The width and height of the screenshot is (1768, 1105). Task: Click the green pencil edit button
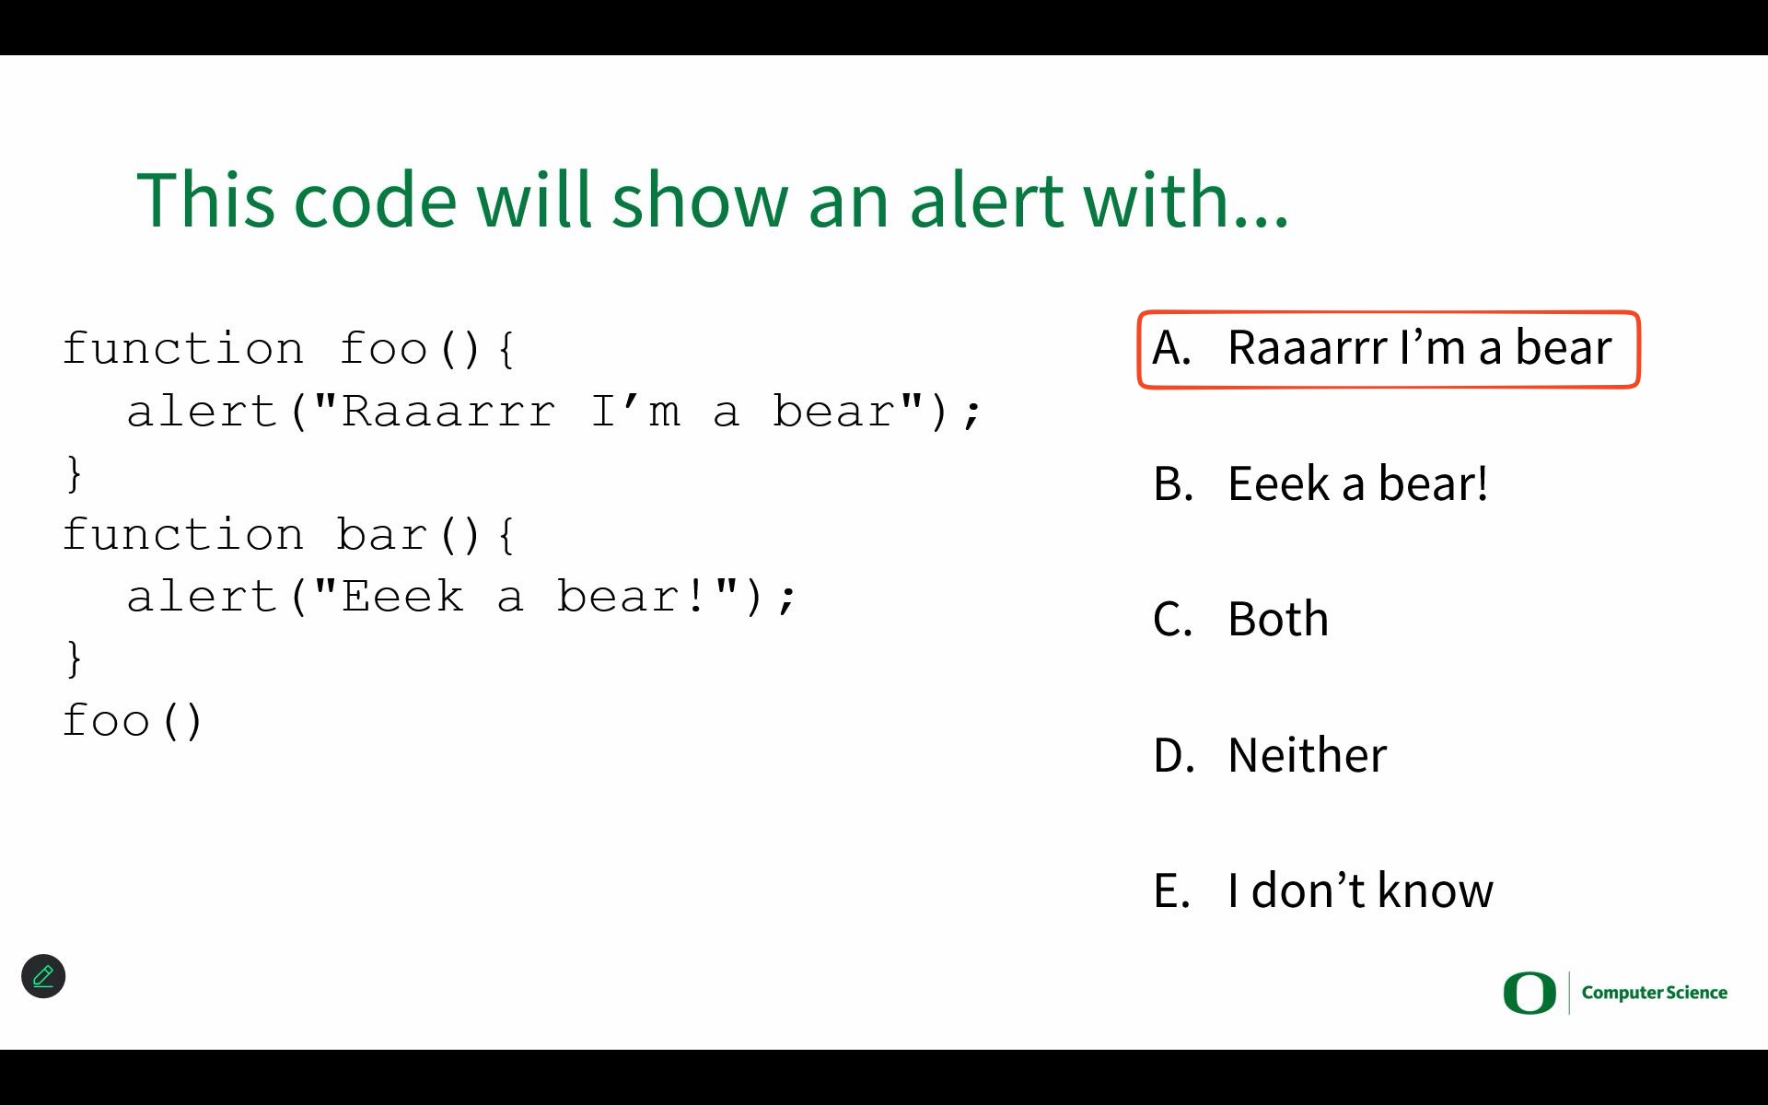click(x=43, y=976)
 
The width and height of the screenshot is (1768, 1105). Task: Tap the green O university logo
click(x=1530, y=993)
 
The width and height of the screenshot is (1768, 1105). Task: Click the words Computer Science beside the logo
click(x=1655, y=993)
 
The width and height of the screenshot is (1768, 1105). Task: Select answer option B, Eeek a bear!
click(x=1320, y=483)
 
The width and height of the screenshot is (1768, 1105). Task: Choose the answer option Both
click(x=1240, y=619)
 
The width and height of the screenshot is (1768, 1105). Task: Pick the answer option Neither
click(x=1270, y=754)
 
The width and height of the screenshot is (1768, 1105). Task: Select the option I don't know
click(x=1323, y=890)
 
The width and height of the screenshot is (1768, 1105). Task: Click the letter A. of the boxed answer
click(x=1171, y=348)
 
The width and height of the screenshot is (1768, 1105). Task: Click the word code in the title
click(x=375, y=199)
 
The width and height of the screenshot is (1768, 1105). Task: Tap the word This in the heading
click(x=205, y=199)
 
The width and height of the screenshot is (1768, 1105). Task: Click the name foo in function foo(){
click(x=383, y=349)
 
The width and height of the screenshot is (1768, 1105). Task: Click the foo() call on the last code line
click(x=133, y=720)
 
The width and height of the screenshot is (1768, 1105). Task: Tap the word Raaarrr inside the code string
click(x=448, y=412)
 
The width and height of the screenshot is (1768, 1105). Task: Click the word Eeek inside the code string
click(x=402, y=597)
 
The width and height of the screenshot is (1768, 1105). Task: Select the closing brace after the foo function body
click(x=75, y=473)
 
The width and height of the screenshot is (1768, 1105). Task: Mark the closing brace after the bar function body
click(x=75, y=659)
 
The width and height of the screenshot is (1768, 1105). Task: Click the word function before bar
click(x=183, y=534)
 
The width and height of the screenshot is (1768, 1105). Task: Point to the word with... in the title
click(x=1186, y=199)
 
